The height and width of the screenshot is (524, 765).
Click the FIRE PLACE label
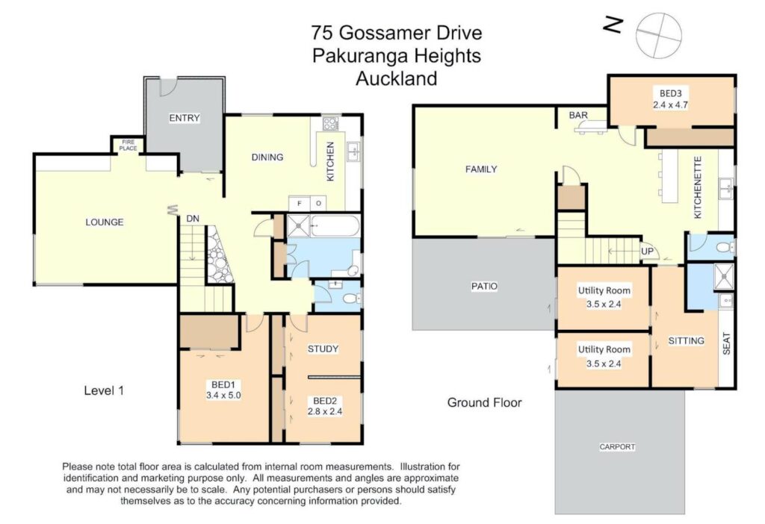point(128,146)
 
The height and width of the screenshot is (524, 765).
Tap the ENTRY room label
point(185,118)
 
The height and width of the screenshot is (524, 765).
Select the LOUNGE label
point(105,222)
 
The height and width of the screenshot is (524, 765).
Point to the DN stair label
point(193,219)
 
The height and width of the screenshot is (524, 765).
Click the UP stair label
point(647,252)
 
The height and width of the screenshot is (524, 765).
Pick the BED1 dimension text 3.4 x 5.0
point(223,396)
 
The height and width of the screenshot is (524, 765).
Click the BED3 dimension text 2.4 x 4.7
point(670,105)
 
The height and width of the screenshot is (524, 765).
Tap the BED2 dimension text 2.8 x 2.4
point(325,411)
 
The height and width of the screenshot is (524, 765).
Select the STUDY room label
point(323,349)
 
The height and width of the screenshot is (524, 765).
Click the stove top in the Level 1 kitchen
point(330,123)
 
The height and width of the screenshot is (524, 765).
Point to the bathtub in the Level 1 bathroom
point(335,226)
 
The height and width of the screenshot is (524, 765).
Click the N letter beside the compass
point(613,25)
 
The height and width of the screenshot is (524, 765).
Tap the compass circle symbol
point(659,36)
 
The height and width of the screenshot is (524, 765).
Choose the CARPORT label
point(617,446)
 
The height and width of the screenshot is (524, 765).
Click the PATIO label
point(484,287)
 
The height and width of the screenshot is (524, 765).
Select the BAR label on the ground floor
point(578,115)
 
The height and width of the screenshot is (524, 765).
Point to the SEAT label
point(726,343)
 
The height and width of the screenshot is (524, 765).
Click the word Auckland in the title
point(396,78)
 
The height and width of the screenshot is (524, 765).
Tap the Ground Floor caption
point(484,402)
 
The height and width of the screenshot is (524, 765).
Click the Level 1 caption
point(104,390)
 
